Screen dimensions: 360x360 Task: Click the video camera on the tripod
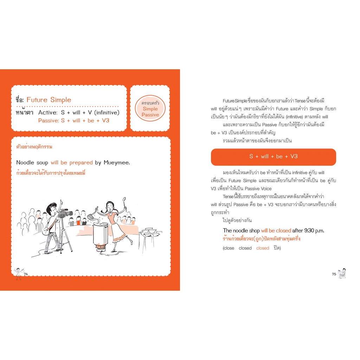pyautogui.click(x=66, y=213)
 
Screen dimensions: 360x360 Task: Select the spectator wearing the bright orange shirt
pyautogui.click(x=78, y=221)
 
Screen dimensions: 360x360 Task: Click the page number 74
pyautogui.click(x=26, y=274)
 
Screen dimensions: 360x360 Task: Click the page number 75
pyautogui.click(x=334, y=274)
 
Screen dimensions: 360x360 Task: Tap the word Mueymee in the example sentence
pyautogui.click(x=117, y=162)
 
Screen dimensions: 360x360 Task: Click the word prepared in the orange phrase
pyautogui.click(x=81, y=162)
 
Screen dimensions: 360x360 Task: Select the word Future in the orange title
pyautogui.click(x=37, y=99)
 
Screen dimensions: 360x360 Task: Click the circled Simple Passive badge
pyautogui.click(x=150, y=108)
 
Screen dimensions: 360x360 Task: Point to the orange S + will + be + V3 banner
pyautogui.click(x=274, y=157)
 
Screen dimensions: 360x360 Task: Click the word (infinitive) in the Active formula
pyautogui.click(x=107, y=112)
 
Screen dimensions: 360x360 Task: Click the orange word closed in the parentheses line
pyautogui.click(x=263, y=248)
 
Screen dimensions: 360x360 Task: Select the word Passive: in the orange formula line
pyautogui.click(x=49, y=121)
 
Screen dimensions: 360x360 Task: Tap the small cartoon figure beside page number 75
pyautogui.click(x=342, y=273)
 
